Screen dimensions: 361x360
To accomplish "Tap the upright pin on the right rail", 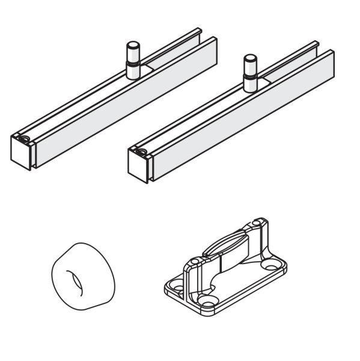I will coord(249,72).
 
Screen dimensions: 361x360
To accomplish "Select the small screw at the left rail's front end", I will coord(23,141).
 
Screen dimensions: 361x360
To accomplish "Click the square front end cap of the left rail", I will coord(20,153).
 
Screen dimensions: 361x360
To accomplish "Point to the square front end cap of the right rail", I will coord(138,167).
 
